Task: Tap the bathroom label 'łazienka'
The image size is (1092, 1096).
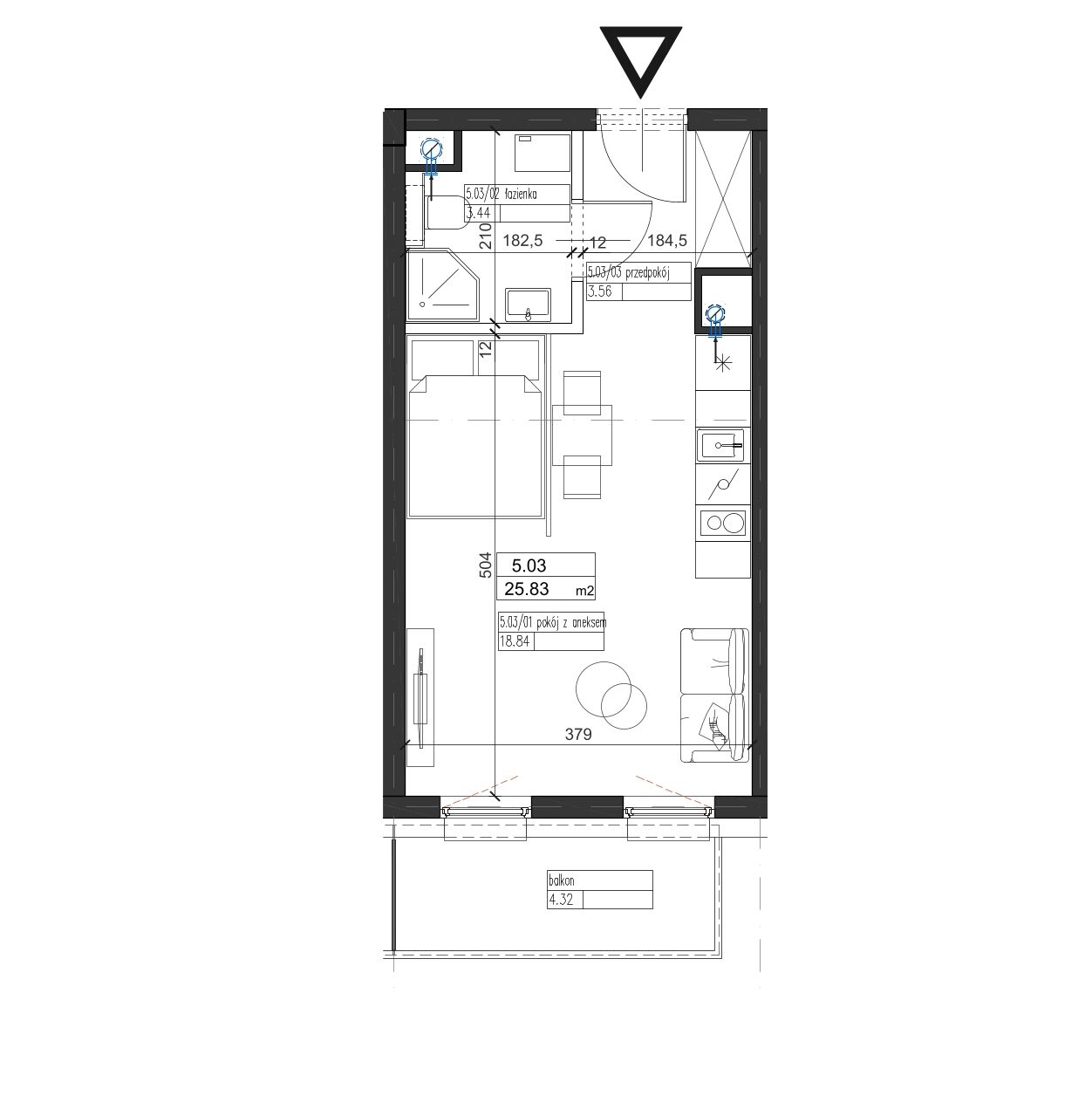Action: click(x=520, y=194)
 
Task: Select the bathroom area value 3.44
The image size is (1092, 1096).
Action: click(x=478, y=214)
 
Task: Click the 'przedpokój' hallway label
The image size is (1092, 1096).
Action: click(x=648, y=273)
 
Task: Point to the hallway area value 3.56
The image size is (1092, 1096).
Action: click(x=599, y=291)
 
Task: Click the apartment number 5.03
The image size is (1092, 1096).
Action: click(x=529, y=565)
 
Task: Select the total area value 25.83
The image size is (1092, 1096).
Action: click(x=527, y=589)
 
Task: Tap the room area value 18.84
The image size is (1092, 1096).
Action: click(x=514, y=641)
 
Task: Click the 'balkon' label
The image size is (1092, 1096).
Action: click(x=562, y=880)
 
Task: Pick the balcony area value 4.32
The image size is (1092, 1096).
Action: click(x=561, y=900)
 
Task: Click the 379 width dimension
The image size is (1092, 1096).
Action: click(x=578, y=734)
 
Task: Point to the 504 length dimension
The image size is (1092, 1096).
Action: click(x=485, y=565)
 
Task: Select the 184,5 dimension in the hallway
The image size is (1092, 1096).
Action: click(x=667, y=241)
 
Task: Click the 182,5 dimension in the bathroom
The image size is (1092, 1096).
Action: click(x=522, y=241)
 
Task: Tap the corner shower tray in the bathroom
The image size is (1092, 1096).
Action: click(x=444, y=285)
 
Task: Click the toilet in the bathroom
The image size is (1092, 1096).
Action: click(x=445, y=212)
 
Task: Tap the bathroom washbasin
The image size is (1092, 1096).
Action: click(x=529, y=305)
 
